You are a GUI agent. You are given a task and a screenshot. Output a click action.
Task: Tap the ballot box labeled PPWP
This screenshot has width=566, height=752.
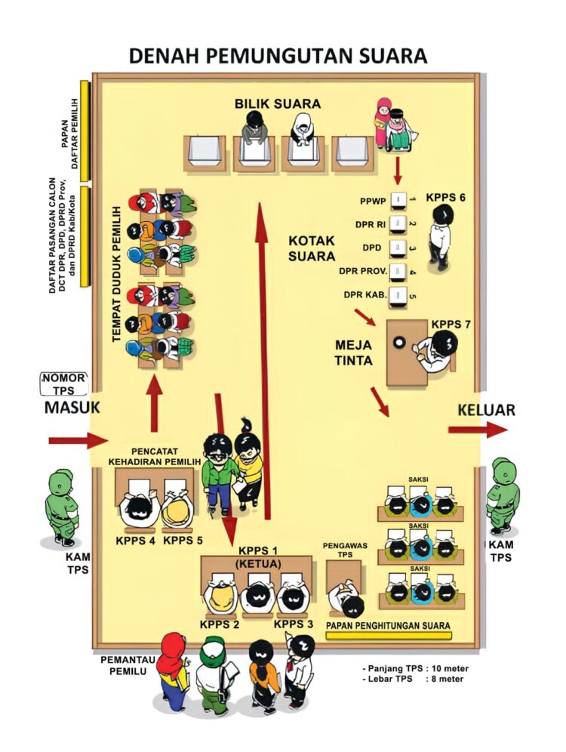[398, 201]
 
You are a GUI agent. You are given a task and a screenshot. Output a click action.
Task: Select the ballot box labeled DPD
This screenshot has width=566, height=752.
[398, 248]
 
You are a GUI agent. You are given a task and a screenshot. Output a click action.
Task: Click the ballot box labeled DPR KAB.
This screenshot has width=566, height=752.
[398, 295]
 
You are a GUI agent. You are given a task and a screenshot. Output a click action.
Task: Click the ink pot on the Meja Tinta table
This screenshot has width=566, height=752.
[400, 342]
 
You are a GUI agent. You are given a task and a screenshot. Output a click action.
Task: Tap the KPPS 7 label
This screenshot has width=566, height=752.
[451, 325]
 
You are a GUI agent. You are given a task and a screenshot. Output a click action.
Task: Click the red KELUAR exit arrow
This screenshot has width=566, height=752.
[478, 430]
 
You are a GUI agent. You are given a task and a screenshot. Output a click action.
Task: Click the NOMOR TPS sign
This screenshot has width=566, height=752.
[63, 384]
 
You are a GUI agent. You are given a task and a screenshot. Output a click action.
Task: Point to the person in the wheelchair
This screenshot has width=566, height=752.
[398, 131]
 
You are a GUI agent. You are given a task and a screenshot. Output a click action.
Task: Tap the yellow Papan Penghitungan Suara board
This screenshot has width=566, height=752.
[388, 636]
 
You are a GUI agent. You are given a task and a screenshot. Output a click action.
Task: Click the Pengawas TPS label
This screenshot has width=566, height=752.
[345, 550]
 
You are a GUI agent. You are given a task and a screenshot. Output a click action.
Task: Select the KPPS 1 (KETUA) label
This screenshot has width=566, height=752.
[258, 557]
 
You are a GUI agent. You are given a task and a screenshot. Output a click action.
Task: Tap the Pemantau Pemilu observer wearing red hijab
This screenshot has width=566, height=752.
[174, 671]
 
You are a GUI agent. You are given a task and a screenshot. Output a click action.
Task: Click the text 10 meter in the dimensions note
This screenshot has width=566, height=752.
[450, 668]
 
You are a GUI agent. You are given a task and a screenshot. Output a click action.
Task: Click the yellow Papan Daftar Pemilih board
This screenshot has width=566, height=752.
[85, 131]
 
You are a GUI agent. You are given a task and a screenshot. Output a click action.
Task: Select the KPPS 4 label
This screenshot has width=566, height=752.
[135, 541]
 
